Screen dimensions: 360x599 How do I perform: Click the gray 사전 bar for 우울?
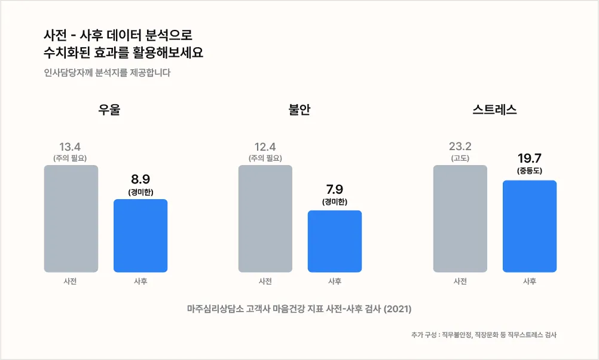point(71,219)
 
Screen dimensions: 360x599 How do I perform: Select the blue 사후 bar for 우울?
point(140,236)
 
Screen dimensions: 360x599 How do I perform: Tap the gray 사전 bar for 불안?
point(265,219)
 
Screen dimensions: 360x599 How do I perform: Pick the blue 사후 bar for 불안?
point(335,241)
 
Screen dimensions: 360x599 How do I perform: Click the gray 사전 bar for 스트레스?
point(460,219)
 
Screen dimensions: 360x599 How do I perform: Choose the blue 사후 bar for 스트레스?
point(530,226)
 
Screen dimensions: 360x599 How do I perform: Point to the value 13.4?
point(71,147)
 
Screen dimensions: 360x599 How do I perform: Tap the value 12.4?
point(265,147)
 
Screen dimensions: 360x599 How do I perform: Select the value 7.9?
point(335,190)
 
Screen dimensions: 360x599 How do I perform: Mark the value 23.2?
point(460,147)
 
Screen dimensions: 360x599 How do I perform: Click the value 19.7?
point(530,158)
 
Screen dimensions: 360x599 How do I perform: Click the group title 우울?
point(109,110)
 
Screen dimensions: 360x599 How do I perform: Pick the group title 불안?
point(299,110)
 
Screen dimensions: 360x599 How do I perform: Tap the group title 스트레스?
point(494,110)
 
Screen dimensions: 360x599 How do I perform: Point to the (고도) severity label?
point(460,158)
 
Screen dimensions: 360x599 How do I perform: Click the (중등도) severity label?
point(530,171)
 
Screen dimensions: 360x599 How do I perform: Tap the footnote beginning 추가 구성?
point(484,335)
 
